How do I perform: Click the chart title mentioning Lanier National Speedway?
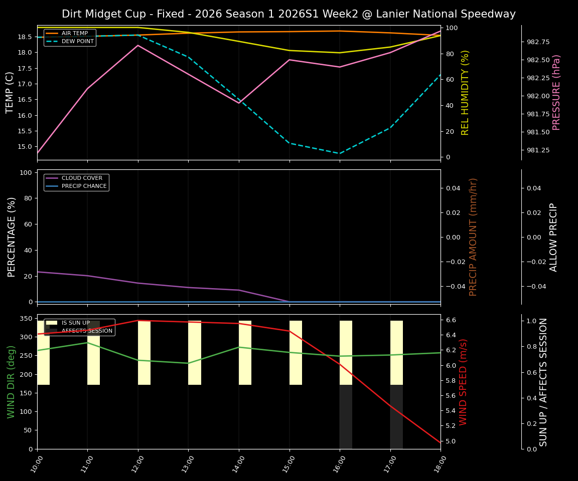point(288,14)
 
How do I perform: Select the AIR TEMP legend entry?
point(74,33)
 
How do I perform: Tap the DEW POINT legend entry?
point(77,41)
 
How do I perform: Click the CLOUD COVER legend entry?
point(81,178)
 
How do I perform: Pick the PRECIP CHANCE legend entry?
point(84,186)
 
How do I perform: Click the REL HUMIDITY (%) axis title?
point(465,93)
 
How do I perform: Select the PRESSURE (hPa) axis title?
point(556,93)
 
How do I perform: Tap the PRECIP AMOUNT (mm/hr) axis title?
point(473,237)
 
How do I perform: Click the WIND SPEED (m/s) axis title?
point(463,382)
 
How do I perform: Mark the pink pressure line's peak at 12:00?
point(138,45)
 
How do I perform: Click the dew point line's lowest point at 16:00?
point(340,153)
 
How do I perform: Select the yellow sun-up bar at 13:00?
point(195,353)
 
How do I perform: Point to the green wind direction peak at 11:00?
point(88,343)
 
